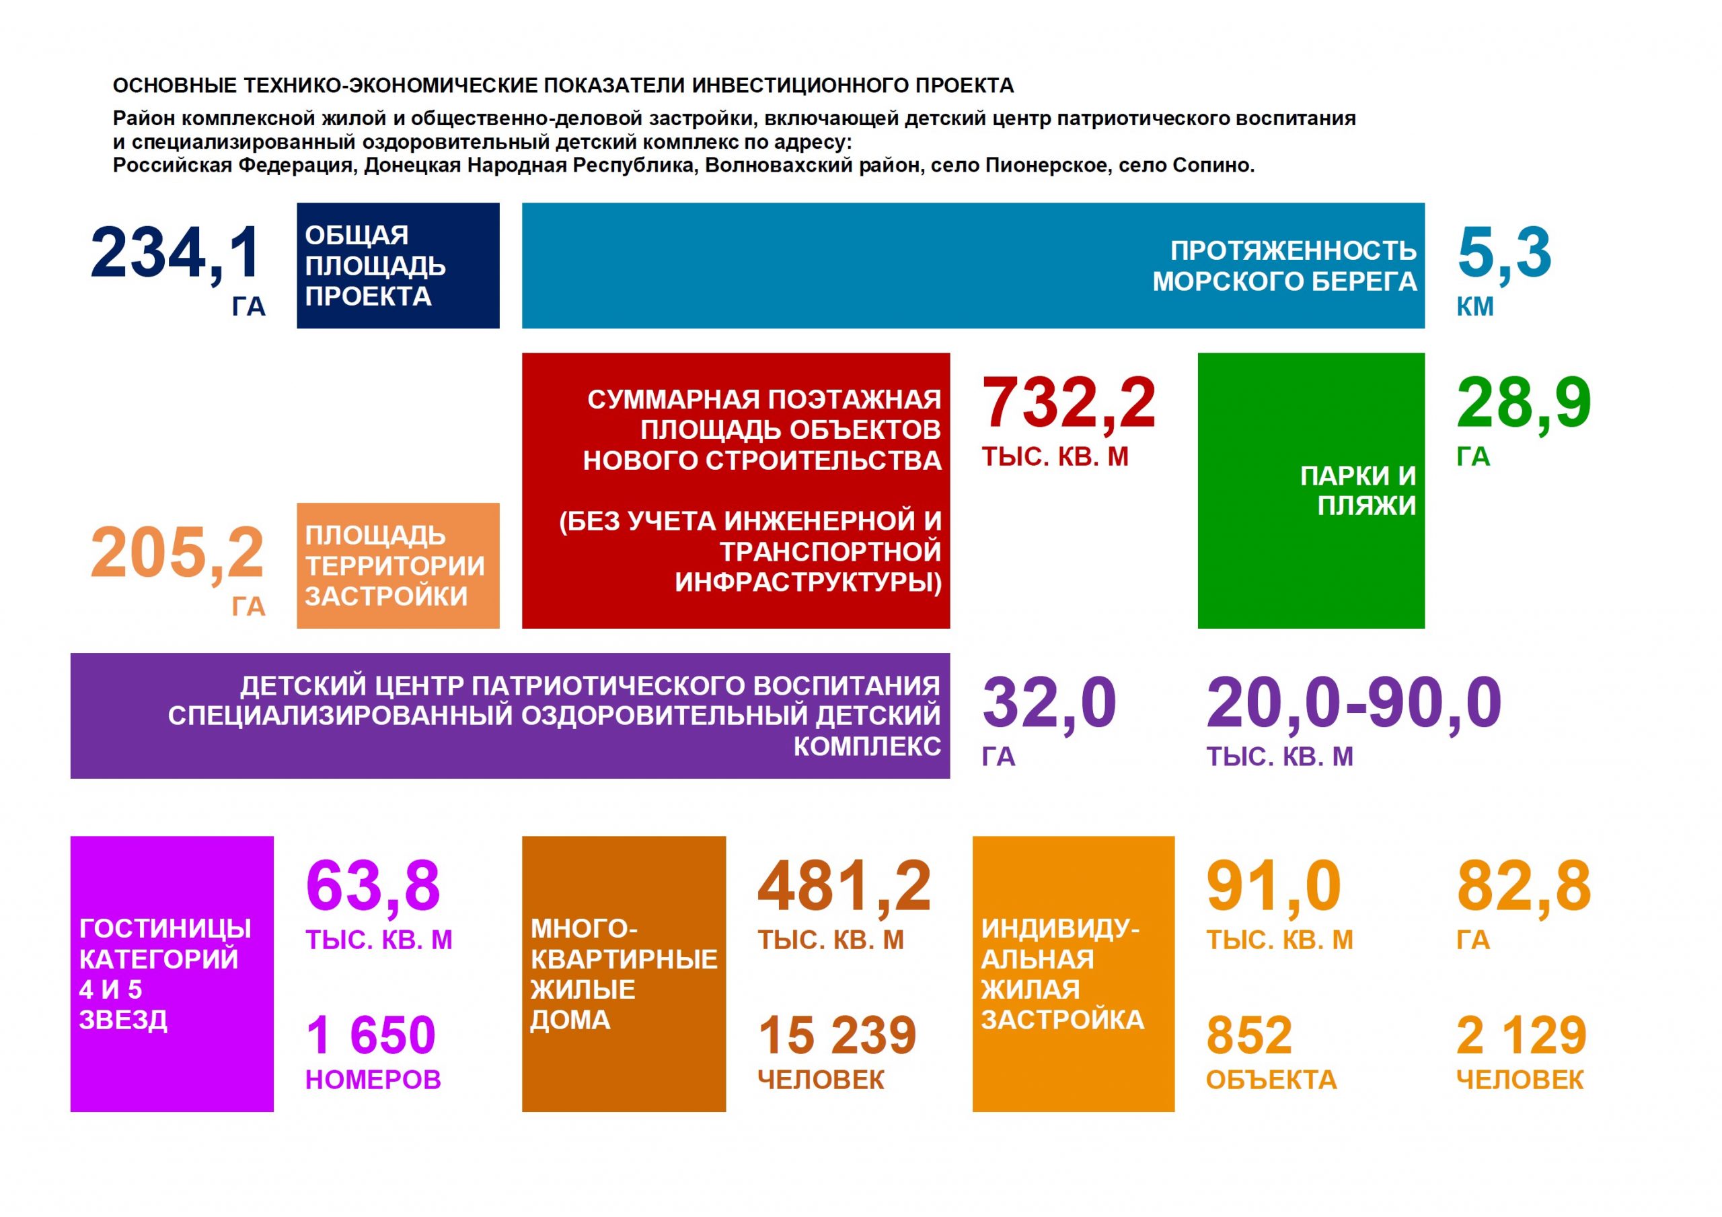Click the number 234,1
pyautogui.click(x=176, y=253)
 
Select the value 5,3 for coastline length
pyautogui.click(x=1504, y=253)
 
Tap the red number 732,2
pyautogui.click(x=1068, y=404)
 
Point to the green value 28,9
pyautogui.click(x=1524, y=404)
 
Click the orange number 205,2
pyautogui.click(x=177, y=554)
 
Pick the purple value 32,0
pyautogui.click(x=1049, y=704)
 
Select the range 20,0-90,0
pyautogui.click(x=1354, y=704)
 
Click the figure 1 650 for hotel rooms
pyautogui.click(x=371, y=1035)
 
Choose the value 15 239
pyautogui.click(x=837, y=1035)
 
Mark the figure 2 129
pyautogui.click(x=1521, y=1035)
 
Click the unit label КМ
pyautogui.click(x=1475, y=307)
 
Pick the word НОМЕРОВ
pyautogui.click(x=373, y=1080)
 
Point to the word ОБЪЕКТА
pyautogui.click(x=1271, y=1080)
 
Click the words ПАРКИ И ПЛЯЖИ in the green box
pyautogui.click(x=1357, y=491)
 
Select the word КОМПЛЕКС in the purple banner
pyautogui.click(x=867, y=746)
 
